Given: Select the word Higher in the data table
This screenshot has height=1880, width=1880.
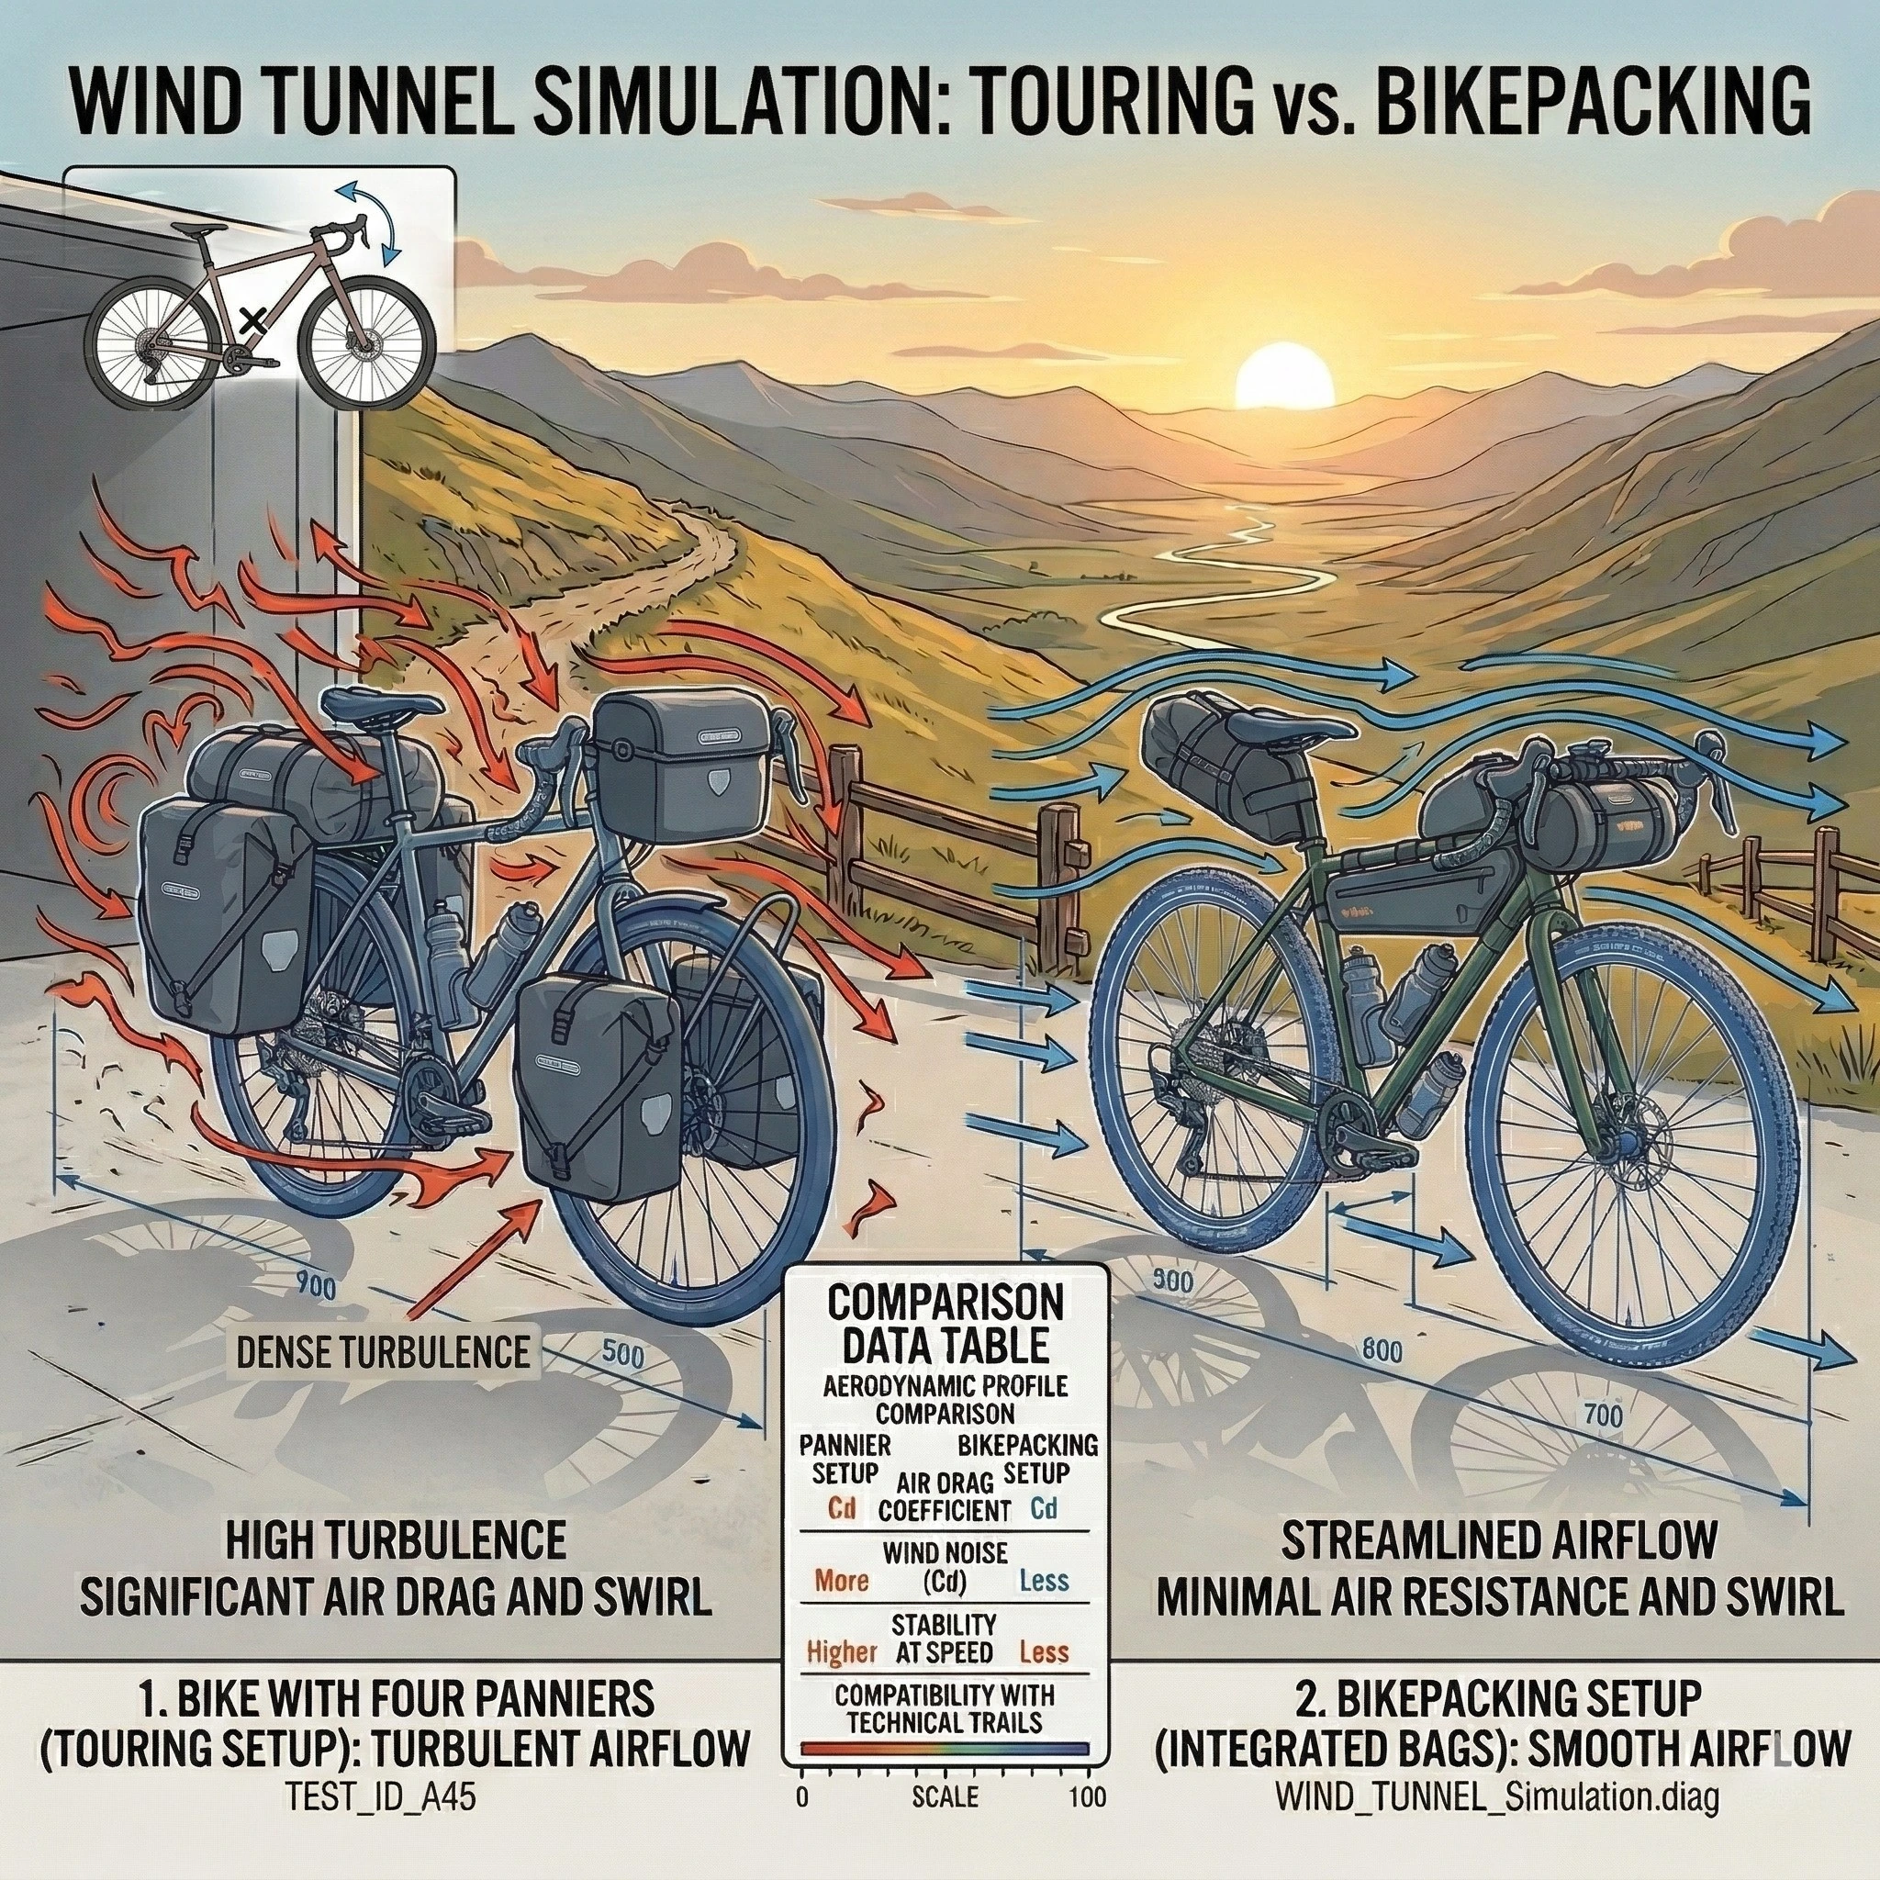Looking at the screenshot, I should [842, 1651].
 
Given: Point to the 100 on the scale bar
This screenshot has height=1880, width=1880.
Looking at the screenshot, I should [1087, 1769].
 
